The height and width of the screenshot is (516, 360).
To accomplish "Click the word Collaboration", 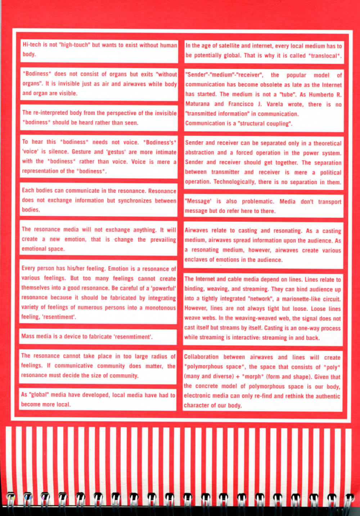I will pyautogui.click(x=201, y=357).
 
